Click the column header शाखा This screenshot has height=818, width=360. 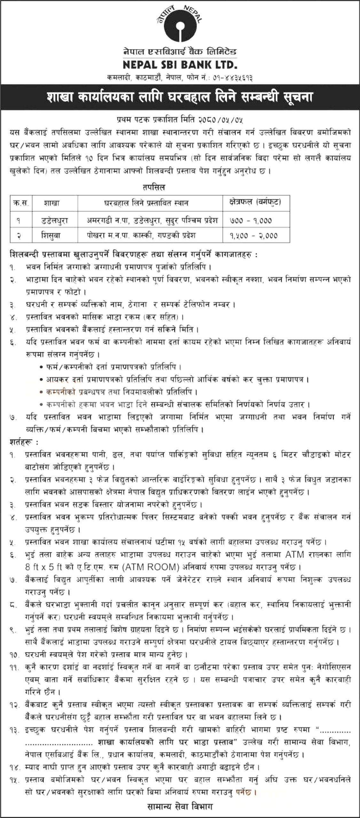[x=55, y=203]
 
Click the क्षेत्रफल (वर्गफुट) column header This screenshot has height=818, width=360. [x=255, y=202]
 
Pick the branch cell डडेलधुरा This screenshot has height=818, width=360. [x=55, y=220]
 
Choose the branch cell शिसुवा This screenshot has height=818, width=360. [x=55, y=235]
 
